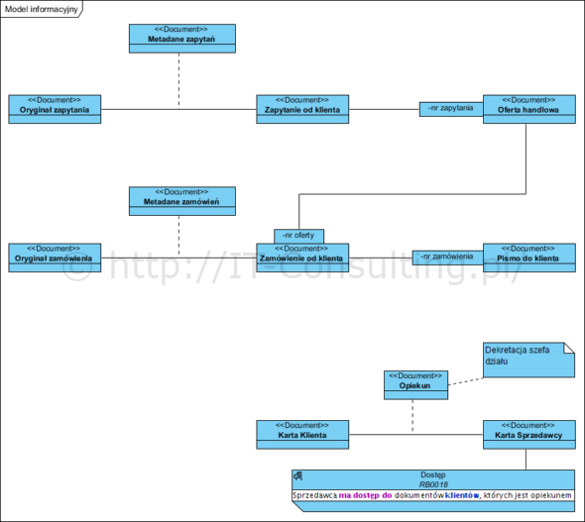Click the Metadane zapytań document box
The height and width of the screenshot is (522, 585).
182,39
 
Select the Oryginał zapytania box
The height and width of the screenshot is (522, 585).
55,109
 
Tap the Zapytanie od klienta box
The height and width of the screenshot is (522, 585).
302,109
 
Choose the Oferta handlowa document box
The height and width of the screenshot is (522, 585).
529,109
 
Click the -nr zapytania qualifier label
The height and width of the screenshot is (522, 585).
451,108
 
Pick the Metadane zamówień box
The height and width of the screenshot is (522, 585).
182,201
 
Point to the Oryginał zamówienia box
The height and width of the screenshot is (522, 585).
55,258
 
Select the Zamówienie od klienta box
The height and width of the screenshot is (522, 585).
302,258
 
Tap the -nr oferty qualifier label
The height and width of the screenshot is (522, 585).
298,236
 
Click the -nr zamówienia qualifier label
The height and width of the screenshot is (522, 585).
447,258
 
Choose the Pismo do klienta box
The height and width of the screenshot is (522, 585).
529,258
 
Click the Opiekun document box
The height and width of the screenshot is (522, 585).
416,385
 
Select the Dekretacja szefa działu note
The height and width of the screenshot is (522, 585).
528,360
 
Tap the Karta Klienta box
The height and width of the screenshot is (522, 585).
302,435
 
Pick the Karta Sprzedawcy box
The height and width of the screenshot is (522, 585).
529,435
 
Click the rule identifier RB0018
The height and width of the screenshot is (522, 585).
433,484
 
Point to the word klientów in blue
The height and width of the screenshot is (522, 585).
462,495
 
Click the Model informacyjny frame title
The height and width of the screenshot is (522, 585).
41,9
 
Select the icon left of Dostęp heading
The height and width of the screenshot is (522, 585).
297,475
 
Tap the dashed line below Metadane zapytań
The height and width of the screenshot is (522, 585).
178,81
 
